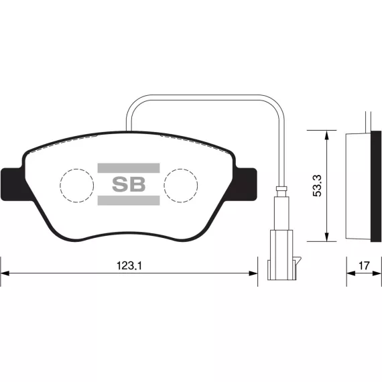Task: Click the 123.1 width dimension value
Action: coord(129,265)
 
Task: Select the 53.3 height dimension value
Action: coord(317,186)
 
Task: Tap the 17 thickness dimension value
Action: coord(364,265)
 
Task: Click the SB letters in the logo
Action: coord(129,184)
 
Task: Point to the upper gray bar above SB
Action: coord(129,168)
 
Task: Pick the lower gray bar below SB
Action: coord(129,200)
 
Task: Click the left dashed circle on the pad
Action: coord(77,186)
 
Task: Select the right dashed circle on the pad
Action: coord(181,186)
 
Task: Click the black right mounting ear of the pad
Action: coord(246,184)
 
